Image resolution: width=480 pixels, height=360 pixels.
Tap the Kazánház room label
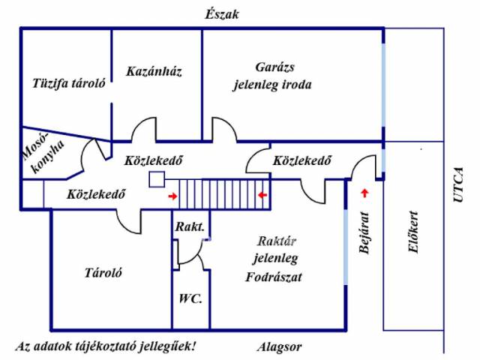tap(154, 71)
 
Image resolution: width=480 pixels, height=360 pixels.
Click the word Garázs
tap(271, 65)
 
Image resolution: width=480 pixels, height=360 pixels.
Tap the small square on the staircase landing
tap(157, 179)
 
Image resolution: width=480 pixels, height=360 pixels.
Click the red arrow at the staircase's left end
tap(173, 196)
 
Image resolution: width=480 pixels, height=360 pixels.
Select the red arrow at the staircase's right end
tap(262, 196)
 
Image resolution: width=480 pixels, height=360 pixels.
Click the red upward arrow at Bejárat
tap(366, 193)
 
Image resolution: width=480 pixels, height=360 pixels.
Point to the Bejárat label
tap(364, 234)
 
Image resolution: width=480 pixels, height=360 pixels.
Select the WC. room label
tap(190, 298)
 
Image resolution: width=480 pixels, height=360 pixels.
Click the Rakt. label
tap(190, 226)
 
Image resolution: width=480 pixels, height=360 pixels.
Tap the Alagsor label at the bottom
tap(278, 347)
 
